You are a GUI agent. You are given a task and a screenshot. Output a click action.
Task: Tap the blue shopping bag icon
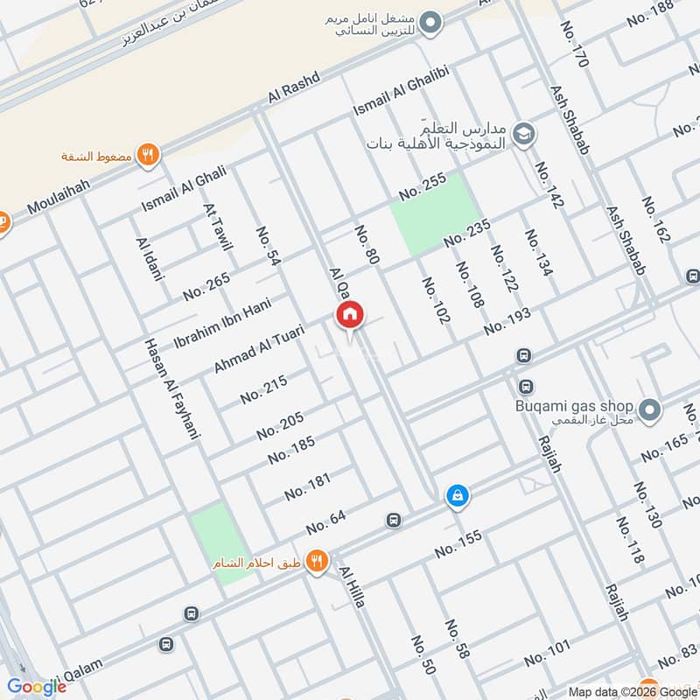(457, 496)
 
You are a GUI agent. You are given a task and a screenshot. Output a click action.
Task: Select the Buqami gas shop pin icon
(649, 409)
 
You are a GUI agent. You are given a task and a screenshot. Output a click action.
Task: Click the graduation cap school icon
(524, 134)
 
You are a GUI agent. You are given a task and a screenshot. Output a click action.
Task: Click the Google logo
(37, 687)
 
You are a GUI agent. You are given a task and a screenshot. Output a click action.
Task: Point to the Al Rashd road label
(292, 92)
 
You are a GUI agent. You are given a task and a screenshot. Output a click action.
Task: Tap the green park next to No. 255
(435, 213)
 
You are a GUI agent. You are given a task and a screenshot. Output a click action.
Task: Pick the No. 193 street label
(507, 321)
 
